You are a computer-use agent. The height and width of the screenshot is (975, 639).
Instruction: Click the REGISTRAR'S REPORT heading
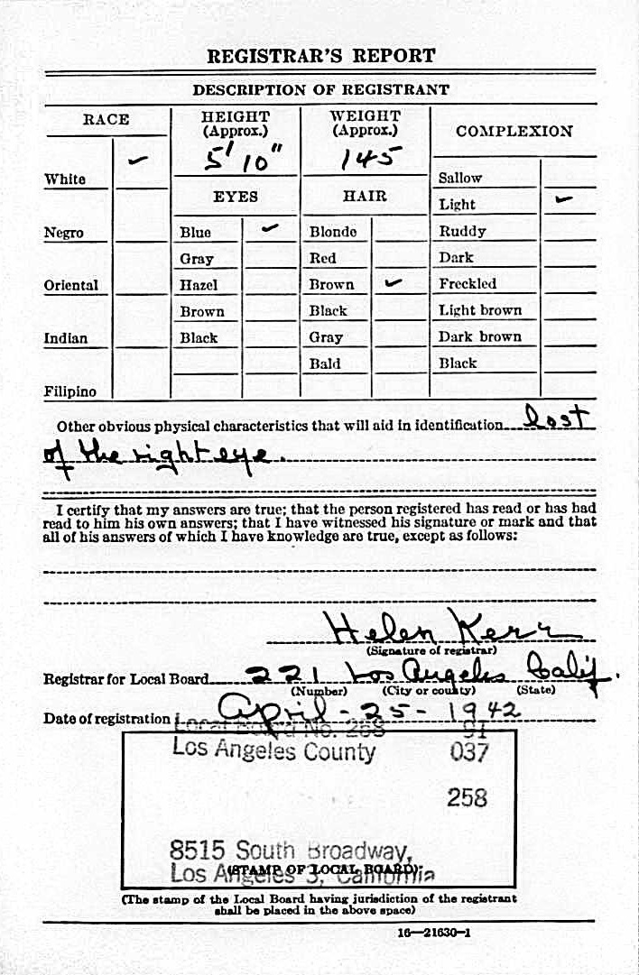(320, 56)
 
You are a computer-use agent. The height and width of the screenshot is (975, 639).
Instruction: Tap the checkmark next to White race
(139, 161)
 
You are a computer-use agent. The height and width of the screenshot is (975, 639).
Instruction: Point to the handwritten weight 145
(365, 160)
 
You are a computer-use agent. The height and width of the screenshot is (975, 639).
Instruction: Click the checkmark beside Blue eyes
(270, 229)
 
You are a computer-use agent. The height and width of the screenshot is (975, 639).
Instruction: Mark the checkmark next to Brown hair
(393, 282)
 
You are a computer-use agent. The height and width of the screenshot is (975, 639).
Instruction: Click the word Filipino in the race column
(70, 391)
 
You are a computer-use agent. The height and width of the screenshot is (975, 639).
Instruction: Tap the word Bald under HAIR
(325, 363)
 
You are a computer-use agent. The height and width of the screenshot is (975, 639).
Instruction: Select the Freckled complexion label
(468, 283)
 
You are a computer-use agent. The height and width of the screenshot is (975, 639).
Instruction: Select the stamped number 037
(468, 751)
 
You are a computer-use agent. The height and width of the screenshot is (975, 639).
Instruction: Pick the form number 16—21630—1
(433, 933)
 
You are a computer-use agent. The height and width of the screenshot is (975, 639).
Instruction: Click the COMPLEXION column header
(514, 131)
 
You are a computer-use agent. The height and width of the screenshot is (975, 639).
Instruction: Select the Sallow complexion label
(460, 178)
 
